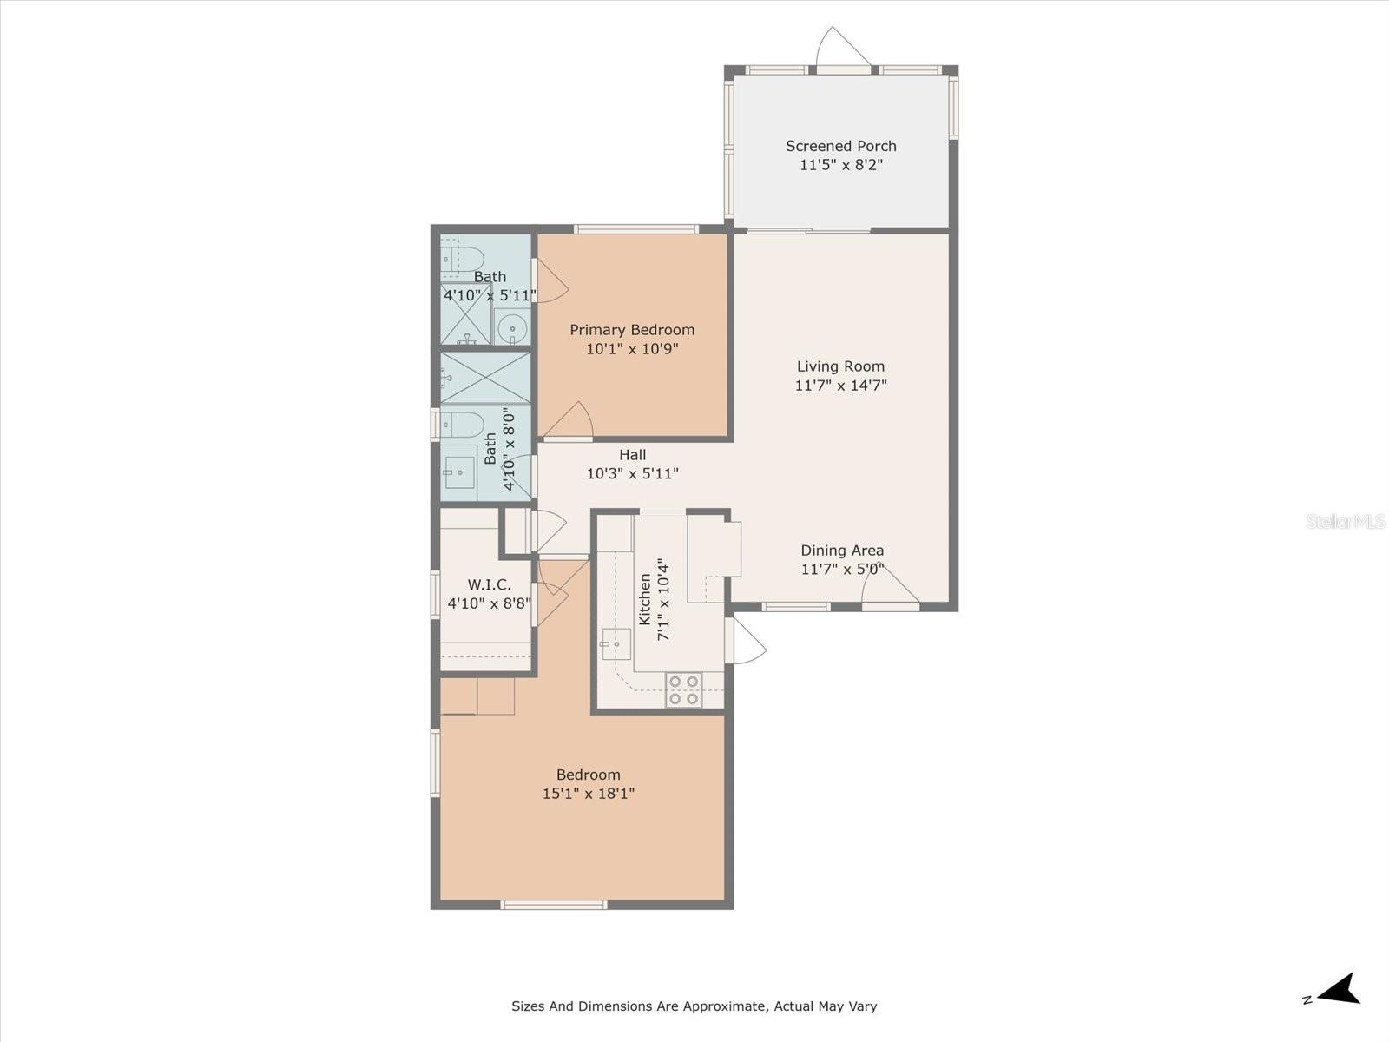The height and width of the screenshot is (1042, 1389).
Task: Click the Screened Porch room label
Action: click(841, 146)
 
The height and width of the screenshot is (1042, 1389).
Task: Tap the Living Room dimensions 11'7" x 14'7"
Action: click(841, 386)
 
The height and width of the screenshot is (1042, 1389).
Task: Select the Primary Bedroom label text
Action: click(632, 330)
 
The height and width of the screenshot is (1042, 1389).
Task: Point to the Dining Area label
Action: click(842, 551)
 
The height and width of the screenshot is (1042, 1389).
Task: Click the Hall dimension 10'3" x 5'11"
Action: click(633, 474)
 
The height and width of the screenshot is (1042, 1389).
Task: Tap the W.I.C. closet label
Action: click(489, 584)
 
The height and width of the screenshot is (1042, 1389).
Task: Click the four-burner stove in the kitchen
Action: click(683, 690)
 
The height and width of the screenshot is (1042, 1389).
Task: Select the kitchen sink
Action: click(616, 644)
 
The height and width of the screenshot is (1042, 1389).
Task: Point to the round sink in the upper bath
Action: click(511, 327)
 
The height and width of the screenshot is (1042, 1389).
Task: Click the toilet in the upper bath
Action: click(463, 260)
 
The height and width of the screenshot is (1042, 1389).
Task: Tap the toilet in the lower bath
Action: click(463, 425)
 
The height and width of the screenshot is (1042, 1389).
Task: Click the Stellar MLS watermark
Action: click(1346, 521)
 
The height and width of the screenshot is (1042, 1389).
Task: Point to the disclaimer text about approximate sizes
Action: click(694, 1006)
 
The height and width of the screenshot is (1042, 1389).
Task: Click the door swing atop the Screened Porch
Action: click(844, 46)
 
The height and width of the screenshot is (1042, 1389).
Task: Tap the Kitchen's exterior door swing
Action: click(746, 640)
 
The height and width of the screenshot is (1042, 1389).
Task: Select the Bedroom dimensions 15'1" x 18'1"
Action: click(589, 794)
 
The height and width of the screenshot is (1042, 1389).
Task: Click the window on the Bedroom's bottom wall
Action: click(554, 905)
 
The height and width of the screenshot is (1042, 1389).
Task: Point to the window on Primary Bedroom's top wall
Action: click(636, 229)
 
